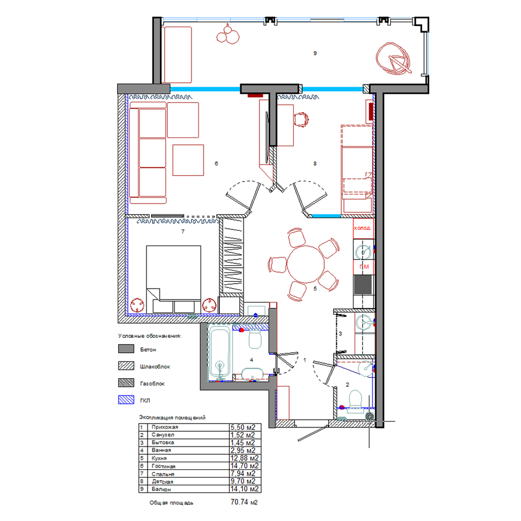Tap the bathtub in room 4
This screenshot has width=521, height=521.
[x=219, y=353]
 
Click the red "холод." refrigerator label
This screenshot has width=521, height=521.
[x=363, y=228]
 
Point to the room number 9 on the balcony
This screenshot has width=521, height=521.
[x=315, y=53]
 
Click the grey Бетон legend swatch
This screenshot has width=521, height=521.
[x=126, y=349]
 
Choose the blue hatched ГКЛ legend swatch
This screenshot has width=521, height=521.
[x=126, y=400]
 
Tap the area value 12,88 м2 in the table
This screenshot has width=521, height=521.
[x=244, y=458]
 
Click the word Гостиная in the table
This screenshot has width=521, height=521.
[x=164, y=466]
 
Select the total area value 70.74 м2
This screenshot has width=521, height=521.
[x=244, y=502]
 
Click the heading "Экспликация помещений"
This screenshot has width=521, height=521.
[x=172, y=417]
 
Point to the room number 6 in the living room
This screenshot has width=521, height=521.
[x=216, y=164]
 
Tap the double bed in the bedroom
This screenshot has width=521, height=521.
[x=173, y=279]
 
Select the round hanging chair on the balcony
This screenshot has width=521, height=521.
[x=393, y=59]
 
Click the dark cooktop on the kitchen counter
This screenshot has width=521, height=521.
[x=363, y=285]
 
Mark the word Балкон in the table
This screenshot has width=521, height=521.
[x=161, y=489]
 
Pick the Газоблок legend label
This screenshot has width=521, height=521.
[x=152, y=383]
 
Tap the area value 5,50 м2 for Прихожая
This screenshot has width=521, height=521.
[x=243, y=427]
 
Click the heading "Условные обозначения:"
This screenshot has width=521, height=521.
[x=150, y=336]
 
